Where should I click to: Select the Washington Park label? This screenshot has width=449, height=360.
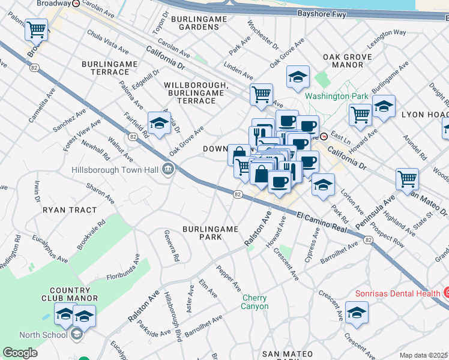327,96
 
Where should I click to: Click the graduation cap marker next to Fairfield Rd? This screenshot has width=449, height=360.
159,123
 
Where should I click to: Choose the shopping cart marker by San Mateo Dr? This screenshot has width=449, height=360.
407,178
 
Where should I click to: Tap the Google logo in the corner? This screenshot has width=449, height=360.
20,352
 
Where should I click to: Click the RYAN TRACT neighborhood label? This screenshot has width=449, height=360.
69,210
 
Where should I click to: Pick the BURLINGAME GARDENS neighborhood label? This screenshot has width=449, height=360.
199,23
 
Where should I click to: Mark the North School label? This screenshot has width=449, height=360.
43,335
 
